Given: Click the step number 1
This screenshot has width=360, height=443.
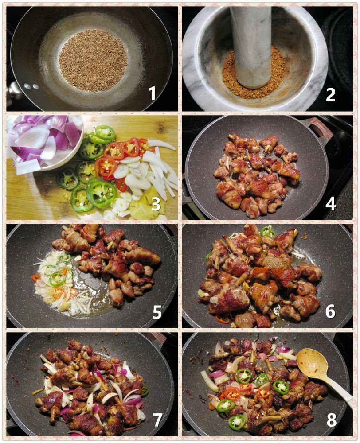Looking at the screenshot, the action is click(153, 93).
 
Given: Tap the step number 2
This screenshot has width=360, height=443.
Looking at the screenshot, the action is click(330, 94).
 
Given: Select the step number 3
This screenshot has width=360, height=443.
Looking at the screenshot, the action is click(156, 204).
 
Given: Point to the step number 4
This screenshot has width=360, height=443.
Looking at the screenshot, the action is click(330, 203).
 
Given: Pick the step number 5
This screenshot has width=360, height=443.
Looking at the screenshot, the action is click(157, 311).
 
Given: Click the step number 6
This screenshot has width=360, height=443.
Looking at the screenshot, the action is click(330, 311).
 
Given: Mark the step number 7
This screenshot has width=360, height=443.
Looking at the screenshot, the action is click(157, 420).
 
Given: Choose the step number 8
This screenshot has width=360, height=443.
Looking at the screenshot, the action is click(332, 420).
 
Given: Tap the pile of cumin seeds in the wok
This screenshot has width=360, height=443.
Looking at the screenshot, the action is click(93, 60).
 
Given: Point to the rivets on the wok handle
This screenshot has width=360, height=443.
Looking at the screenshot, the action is click(31, 86).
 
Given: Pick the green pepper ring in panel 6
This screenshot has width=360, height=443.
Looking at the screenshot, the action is click(267, 232).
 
